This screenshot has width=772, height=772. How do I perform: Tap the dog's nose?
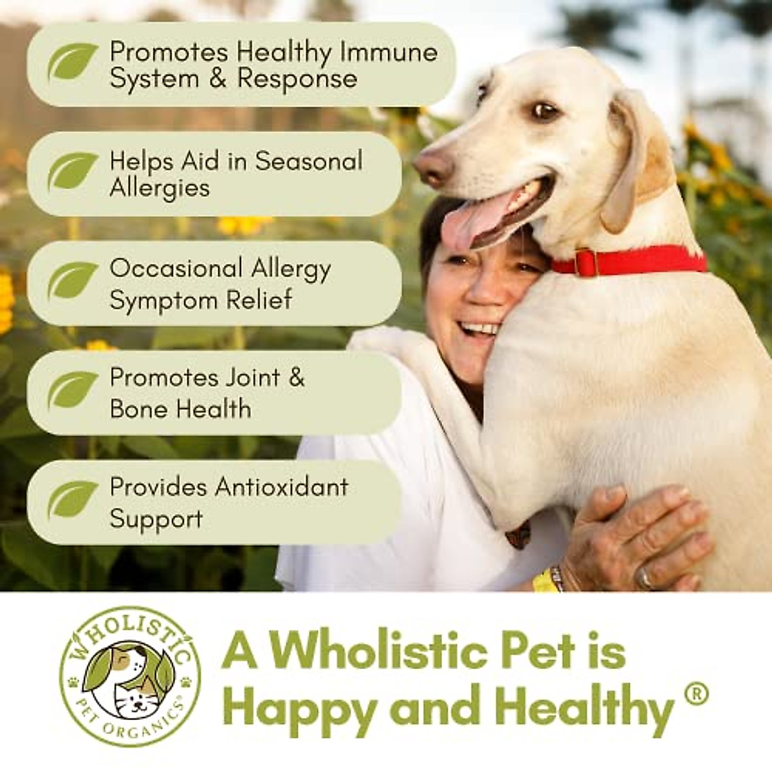[x=432, y=167]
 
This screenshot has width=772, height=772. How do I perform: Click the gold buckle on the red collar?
[x=585, y=262]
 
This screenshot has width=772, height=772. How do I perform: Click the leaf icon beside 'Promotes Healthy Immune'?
[x=73, y=62]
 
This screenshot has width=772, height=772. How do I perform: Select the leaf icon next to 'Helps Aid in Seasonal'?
[x=73, y=171]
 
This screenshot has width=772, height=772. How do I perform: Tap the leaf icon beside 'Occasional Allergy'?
[x=73, y=281]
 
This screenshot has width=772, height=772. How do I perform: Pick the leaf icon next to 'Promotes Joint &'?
[x=73, y=391]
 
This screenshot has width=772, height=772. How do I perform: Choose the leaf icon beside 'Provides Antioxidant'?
[x=73, y=500]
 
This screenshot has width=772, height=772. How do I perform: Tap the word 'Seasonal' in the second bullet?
[x=309, y=161]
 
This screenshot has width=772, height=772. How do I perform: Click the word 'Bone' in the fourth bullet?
[x=138, y=409]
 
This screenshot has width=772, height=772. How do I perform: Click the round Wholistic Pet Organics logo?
[x=130, y=676]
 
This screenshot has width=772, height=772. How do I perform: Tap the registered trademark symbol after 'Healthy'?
[x=695, y=694]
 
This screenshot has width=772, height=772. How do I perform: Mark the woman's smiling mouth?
[x=479, y=329]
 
